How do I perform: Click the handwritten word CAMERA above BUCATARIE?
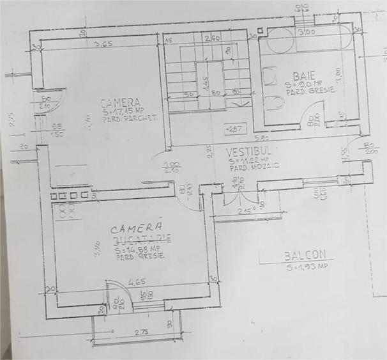[136, 228]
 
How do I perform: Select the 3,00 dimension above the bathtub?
[306, 31]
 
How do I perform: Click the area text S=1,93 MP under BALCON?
[307, 266]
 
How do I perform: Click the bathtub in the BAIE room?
[308, 40]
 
